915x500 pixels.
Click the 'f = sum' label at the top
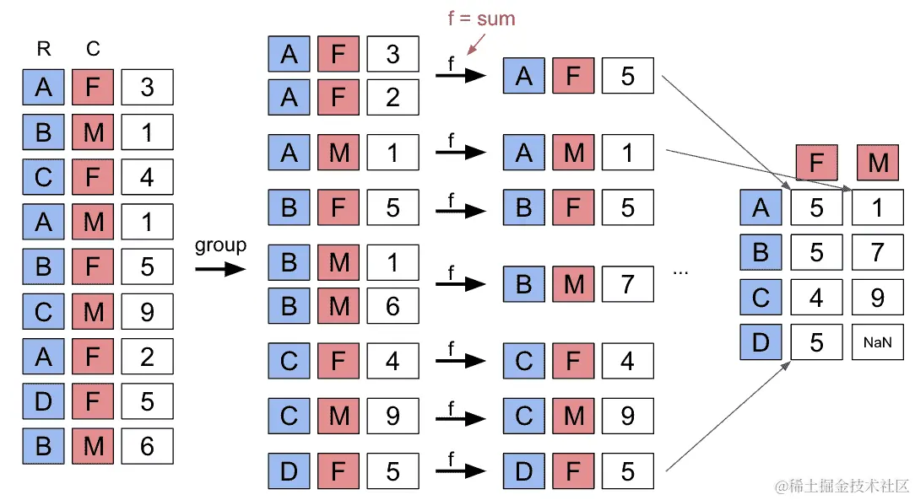click(x=481, y=18)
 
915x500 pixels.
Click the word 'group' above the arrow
click(x=220, y=245)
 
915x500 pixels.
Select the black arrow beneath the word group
click(x=220, y=268)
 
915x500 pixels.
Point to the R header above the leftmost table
click(x=43, y=49)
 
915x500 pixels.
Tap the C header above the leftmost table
click(x=93, y=49)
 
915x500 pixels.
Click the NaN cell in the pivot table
click(x=878, y=342)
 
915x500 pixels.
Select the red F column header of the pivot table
click(x=816, y=162)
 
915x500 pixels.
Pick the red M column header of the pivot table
click(x=878, y=162)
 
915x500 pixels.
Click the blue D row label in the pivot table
click(x=761, y=342)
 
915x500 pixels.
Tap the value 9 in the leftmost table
click(x=147, y=312)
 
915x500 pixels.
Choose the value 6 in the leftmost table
click(x=147, y=446)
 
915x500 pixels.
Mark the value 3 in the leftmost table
click(x=147, y=87)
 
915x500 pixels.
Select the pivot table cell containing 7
click(x=878, y=252)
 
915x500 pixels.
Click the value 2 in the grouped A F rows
click(x=393, y=98)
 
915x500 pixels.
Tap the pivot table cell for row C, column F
click(x=816, y=298)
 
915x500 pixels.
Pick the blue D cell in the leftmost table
click(x=43, y=401)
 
